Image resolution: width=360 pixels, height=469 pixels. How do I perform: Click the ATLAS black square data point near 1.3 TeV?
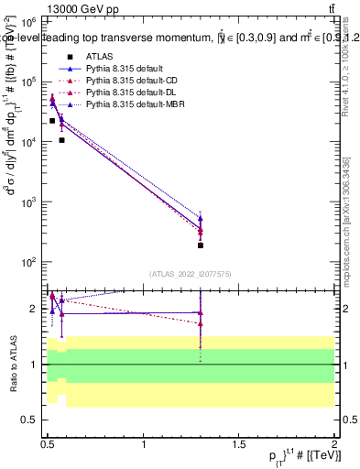[201, 245]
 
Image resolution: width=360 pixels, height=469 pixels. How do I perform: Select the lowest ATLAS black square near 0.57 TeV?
[61, 140]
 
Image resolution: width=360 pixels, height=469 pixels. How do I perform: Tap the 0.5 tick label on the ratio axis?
[29, 420]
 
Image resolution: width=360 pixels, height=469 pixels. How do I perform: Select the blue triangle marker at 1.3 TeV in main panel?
[201, 220]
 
